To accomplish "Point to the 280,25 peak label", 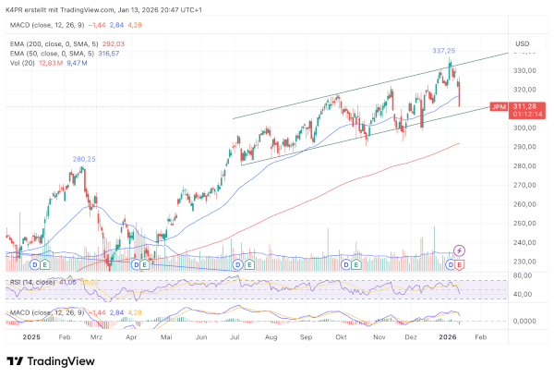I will click(x=85, y=158).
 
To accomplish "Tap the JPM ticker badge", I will click(x=500, y=106).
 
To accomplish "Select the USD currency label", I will click(x=522, y=43).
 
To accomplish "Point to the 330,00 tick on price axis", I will click(x=524, y=71).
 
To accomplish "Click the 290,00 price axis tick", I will click(x=524, y=147).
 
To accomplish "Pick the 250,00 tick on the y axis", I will click(x=524, y=223).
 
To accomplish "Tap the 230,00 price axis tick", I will click(x=524, y=262).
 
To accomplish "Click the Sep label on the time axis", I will click(x=306, y=337).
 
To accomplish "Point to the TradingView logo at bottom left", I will click(x=47, y=361).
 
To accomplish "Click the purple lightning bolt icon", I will click(x=460, y=250).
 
